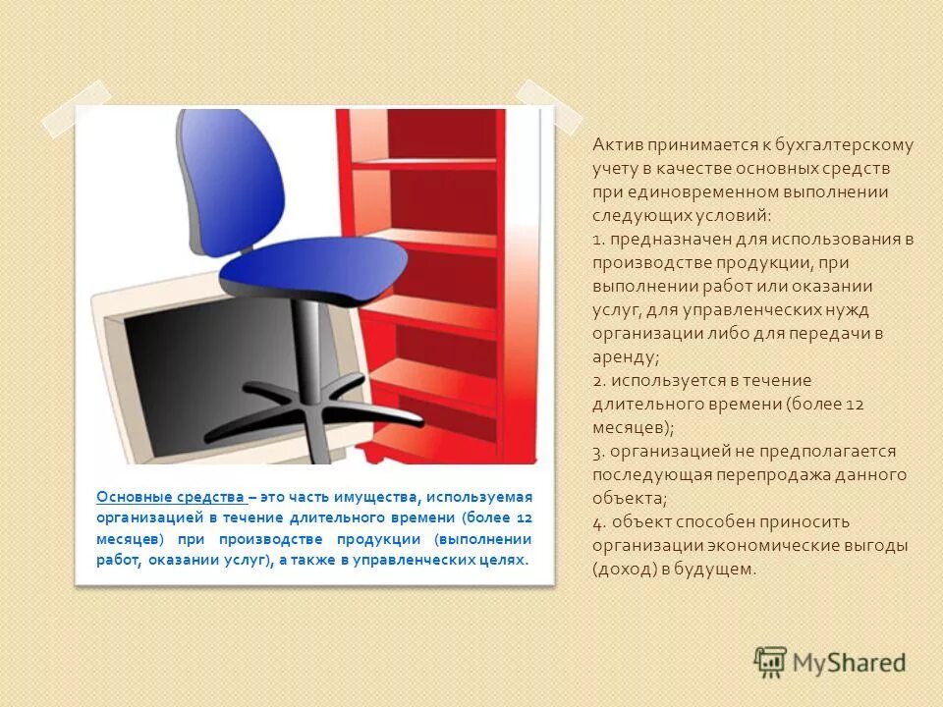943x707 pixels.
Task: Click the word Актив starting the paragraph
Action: pos(615,145)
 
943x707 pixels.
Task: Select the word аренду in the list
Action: pos(623,357)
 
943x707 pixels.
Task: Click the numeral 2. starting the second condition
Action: pos(598,381)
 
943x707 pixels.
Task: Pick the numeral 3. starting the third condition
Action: pos(598,452)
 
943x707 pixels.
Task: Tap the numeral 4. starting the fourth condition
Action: pos(598,522)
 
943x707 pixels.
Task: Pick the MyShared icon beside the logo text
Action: pos(770,661)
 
